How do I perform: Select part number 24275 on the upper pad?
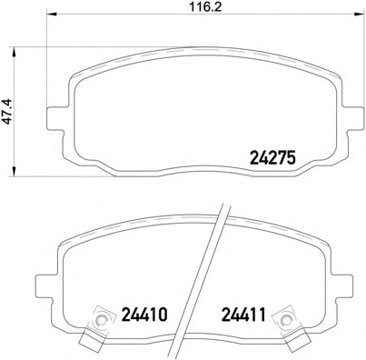point(273,156)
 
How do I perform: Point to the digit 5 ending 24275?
point(292,156)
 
